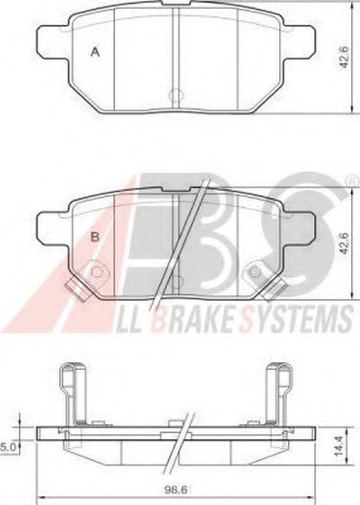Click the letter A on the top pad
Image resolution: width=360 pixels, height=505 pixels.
[95, 52]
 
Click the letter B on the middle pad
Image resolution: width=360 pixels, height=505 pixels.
[95, 238]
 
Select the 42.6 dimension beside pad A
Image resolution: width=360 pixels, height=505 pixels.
[344, 58]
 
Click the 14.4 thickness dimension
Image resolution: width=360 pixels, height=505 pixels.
[338, 446]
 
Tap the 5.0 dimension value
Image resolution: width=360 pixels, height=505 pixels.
[8, 446]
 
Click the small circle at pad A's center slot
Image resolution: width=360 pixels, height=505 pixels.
[175, 95]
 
